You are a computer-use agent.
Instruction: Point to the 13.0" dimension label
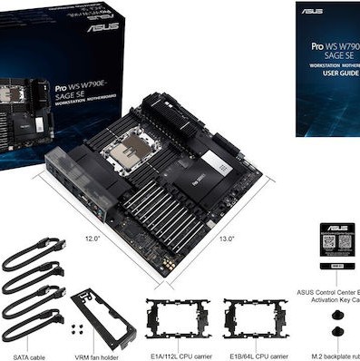[228, 239]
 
